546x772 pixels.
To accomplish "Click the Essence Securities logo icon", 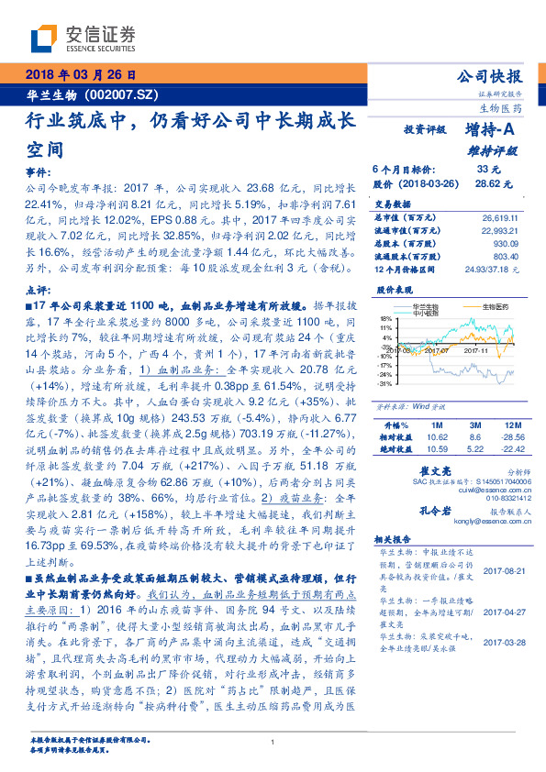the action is click(43, 39).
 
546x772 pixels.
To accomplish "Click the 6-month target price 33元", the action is click(489, 170).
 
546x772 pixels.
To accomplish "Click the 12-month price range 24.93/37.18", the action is click(496, 270).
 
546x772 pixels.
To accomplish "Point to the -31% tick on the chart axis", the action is click(384, 383).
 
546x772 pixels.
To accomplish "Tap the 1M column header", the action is click(436, 426).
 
